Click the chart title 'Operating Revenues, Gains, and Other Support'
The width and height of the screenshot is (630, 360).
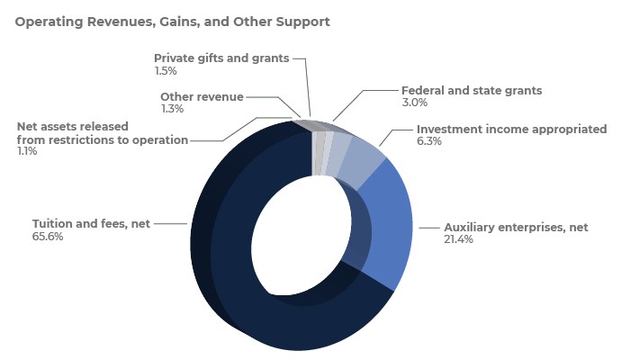[172, 20]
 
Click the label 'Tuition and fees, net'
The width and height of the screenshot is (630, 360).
[91, 223]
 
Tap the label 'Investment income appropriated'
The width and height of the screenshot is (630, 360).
[511, 129]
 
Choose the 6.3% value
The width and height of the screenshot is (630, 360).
[429, 141]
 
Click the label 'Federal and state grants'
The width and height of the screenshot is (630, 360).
[472, 90]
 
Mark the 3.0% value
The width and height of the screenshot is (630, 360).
[413, 103]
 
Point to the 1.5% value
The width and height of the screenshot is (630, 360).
[165, 70]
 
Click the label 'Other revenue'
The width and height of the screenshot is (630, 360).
[202, 96]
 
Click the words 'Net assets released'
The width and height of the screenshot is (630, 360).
[73, 126]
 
